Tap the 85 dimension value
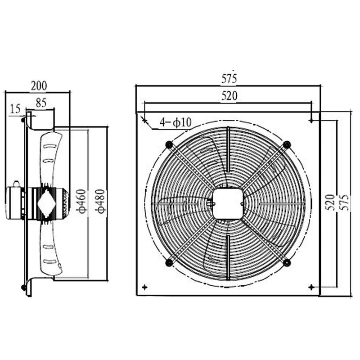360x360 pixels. tap(41, 103)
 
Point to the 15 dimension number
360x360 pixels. tap(15, 108)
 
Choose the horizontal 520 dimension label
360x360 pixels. tap(229, 95)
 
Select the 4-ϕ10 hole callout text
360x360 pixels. tap(176, 121)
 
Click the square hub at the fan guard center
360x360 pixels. tap(228, 203)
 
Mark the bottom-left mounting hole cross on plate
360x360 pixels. tap(144, 287)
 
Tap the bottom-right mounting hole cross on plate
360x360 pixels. tap(311, 287)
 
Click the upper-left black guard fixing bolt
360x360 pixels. tap(169, 144)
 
